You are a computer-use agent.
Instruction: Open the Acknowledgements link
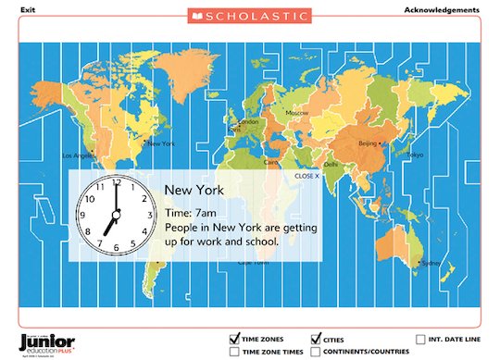coord(442,10)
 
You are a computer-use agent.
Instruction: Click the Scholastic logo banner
coord(250,16)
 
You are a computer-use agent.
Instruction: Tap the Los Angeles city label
coord(78,155)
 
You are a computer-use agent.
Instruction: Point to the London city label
coord(248,121)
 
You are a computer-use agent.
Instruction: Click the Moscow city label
coord(297,113)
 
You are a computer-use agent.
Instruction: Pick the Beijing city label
coord(368,143)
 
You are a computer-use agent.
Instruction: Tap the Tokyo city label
coord(416,154)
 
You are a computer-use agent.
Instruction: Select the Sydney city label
coord(431,263)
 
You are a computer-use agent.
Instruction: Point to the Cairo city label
coord(272,162)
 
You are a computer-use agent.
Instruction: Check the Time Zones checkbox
coord(234,339)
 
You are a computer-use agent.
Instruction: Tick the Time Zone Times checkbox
coord(234,352)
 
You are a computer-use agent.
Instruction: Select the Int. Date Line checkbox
coord(422,339)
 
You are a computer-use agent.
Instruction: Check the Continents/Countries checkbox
coord(316,352)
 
